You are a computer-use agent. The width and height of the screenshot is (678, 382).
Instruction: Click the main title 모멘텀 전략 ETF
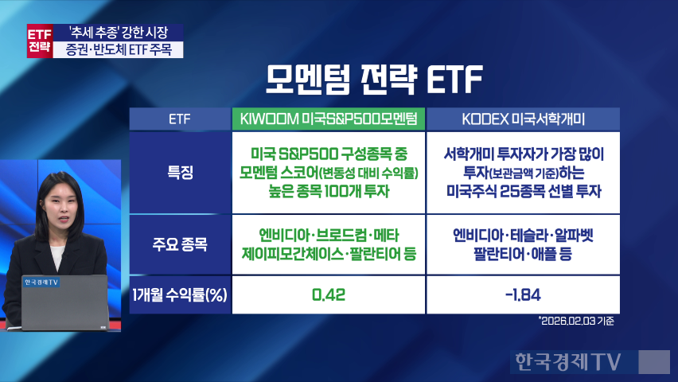pos(374,80)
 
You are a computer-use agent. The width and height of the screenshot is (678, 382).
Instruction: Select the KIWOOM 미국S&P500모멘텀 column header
pos(329,119)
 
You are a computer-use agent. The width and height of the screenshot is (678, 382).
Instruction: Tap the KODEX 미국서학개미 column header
pos(523,119)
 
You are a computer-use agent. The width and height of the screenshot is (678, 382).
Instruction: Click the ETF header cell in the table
pos(180,119)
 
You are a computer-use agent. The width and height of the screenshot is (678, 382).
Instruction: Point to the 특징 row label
pos(180,173)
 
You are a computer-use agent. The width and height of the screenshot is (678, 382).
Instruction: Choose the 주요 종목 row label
pos(180,244)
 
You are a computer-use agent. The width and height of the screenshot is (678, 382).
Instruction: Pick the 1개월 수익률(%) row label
pos(180,295)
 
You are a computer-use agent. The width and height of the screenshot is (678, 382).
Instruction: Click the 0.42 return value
pos(329,295)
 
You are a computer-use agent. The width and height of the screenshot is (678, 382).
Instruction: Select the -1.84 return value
pos(523,295)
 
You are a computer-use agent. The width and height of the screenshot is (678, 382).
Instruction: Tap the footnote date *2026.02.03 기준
pos(576,321)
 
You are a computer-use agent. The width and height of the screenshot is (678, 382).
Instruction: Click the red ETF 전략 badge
pos(40,41)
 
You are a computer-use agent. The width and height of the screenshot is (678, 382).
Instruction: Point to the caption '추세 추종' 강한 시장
pos(118,33)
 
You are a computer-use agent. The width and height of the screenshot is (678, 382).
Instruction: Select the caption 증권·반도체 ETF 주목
pos(119,50)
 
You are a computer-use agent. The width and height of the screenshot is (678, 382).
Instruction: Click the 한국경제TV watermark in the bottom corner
pos(568,361)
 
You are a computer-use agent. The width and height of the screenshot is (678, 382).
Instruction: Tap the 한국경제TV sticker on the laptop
pos(41,283)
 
